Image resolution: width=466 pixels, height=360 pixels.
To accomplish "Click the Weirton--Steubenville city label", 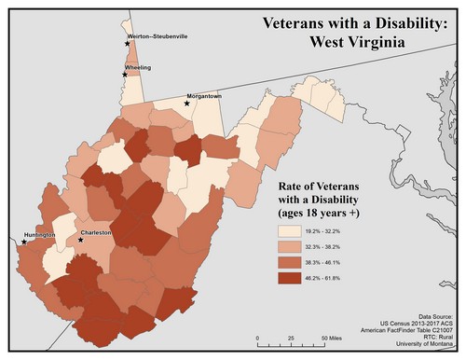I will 163,36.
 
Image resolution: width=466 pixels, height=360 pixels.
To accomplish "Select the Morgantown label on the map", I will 204,96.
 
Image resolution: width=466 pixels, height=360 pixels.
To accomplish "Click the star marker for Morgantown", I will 187,104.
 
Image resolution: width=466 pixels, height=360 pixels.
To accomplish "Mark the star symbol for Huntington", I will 21,242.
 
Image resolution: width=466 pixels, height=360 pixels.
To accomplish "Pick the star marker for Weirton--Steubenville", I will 128,43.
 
